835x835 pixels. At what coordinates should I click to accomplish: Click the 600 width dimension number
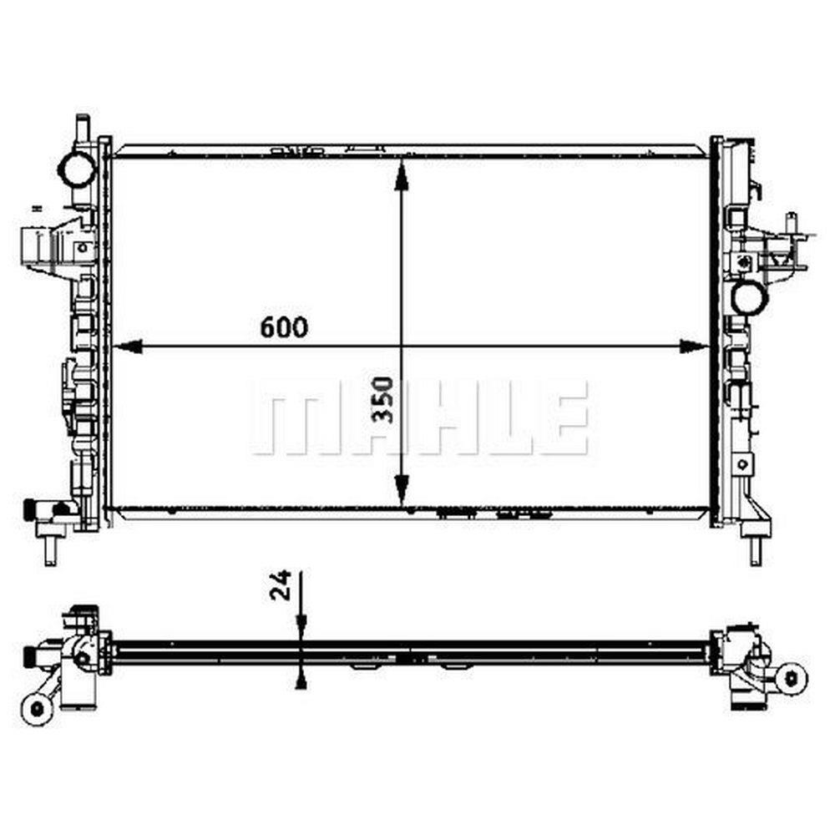pyautogui.click(x=284, y=327)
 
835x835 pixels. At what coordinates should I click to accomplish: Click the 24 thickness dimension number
pyautogui.click(x=281, y=584)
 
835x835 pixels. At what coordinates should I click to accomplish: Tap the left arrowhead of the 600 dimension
pyautogui.click(x=129, y=347)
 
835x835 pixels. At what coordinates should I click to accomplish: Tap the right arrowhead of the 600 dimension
pyautogui.click(x=695, y=347)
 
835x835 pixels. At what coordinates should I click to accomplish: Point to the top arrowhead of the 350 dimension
pyautogui.click(x=402, y=174)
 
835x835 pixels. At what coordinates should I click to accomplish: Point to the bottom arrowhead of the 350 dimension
pyautogui.click(x=402, y=491)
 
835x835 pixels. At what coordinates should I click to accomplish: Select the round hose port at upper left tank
pyautogui.click(x=76, y=169)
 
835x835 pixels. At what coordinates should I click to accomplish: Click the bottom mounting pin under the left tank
pyautogui.click(x=50, y=549)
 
